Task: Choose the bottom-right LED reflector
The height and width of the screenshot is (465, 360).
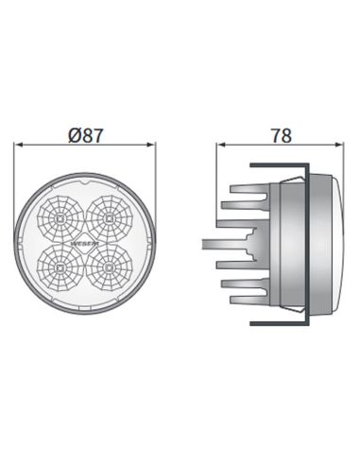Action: coord(110,267)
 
